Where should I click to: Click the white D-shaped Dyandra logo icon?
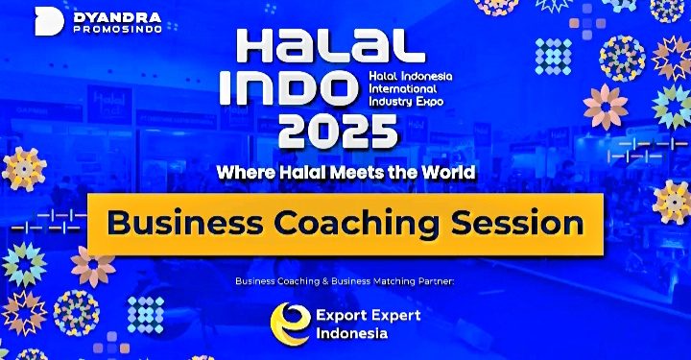click(50, 22)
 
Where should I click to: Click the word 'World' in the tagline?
click(443, 173)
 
